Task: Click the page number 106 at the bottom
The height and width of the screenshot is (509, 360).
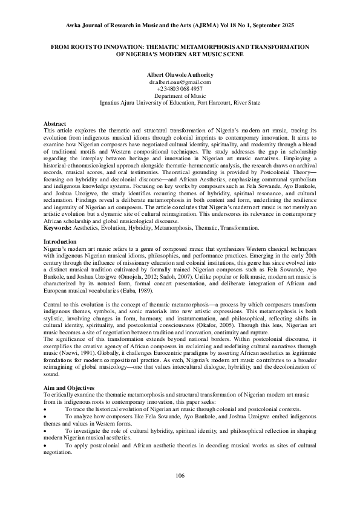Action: [x=180, y=476]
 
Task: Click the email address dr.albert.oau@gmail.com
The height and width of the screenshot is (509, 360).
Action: [x=180, y=82]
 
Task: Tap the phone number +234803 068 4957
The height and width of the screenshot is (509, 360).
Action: [x=180, y=89]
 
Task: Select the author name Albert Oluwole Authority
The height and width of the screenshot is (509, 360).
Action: [x=180, y=74]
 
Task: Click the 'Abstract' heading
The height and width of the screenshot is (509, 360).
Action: [x=56, y=123]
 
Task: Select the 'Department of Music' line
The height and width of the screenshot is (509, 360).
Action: [x=180, y=96]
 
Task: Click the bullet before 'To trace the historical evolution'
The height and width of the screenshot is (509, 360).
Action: [x=47, y=409]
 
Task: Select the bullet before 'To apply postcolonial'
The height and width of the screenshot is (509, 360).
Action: [x=47, y=445]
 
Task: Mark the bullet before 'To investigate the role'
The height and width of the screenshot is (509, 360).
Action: [x=47, y=431]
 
